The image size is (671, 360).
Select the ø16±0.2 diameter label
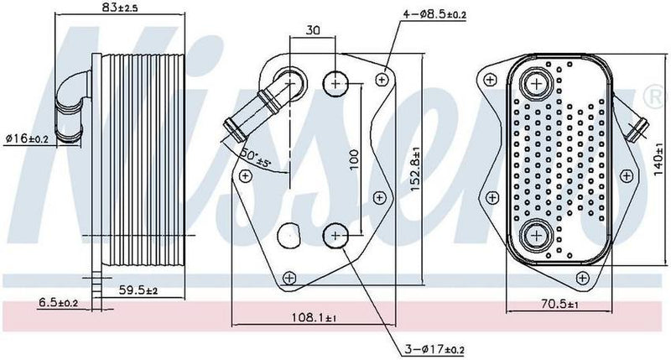click(28, 137)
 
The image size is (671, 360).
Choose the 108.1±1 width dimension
click(315, 318)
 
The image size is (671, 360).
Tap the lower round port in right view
click(534, 234)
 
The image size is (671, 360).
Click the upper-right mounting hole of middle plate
click(383, 79)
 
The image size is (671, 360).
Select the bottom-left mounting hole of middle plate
click(289, 277)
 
